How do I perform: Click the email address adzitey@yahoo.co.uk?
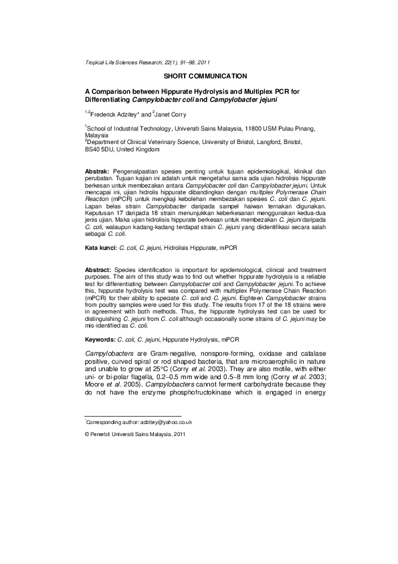tap(162, 422)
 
